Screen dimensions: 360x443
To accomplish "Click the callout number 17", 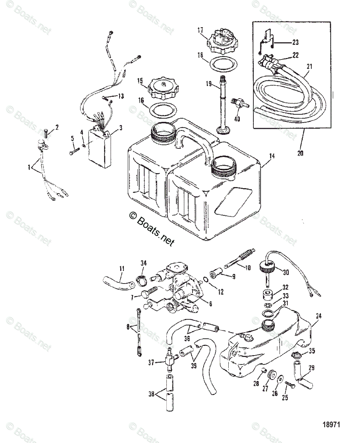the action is (200, 30).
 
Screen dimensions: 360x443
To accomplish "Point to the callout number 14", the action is (272, 156).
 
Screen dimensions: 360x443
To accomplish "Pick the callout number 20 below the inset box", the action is (300, 153).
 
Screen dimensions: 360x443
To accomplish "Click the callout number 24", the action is (318, 316).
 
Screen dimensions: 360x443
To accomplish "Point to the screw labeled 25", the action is (290, 384).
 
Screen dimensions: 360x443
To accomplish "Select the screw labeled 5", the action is (75, 151).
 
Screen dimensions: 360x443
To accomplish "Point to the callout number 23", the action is (295, 42).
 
